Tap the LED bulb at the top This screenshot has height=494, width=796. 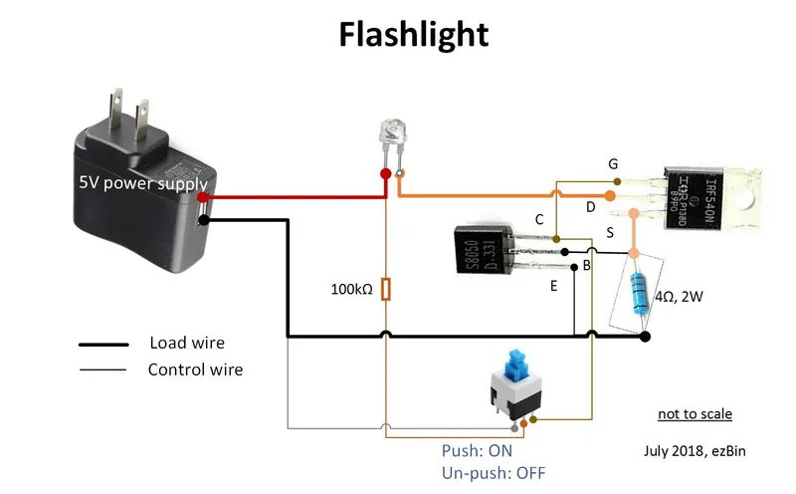click(x=392, y=135)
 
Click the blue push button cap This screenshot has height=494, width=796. click(x=516, y=364)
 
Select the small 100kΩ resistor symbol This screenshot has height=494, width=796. click(x=386, y=290)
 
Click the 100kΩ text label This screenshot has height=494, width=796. click(x=351, y=290)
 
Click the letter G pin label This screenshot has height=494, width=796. click(x=613, y=162)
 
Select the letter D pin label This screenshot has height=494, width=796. click(x=590, y=206)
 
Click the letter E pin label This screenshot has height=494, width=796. click(x=553, y=286)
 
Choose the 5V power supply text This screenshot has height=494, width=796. click(x=143, y=183)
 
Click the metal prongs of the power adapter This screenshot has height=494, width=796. click(x=129, y=109)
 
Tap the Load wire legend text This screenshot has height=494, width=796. click(x=187, y=343)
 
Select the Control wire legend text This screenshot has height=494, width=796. click(x=195, y=370)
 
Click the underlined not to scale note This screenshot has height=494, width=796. click(x=695, y=413)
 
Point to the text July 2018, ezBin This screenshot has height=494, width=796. click(x=696, y=450)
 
